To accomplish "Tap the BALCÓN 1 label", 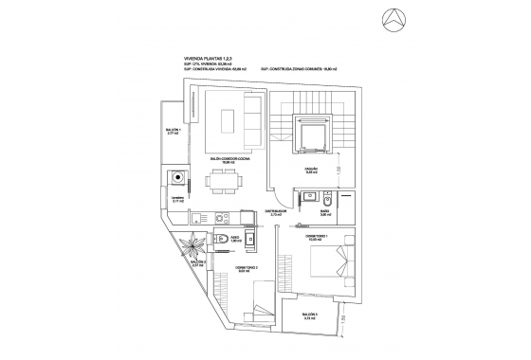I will (x=173, y=132).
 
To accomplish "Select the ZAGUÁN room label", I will (x=311, y=171).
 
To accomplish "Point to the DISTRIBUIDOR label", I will (x=276, y=214).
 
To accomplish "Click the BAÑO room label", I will (x=323, y=213).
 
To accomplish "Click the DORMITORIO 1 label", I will (x=316, y=237).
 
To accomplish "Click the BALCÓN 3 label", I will (x=310, y=315).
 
